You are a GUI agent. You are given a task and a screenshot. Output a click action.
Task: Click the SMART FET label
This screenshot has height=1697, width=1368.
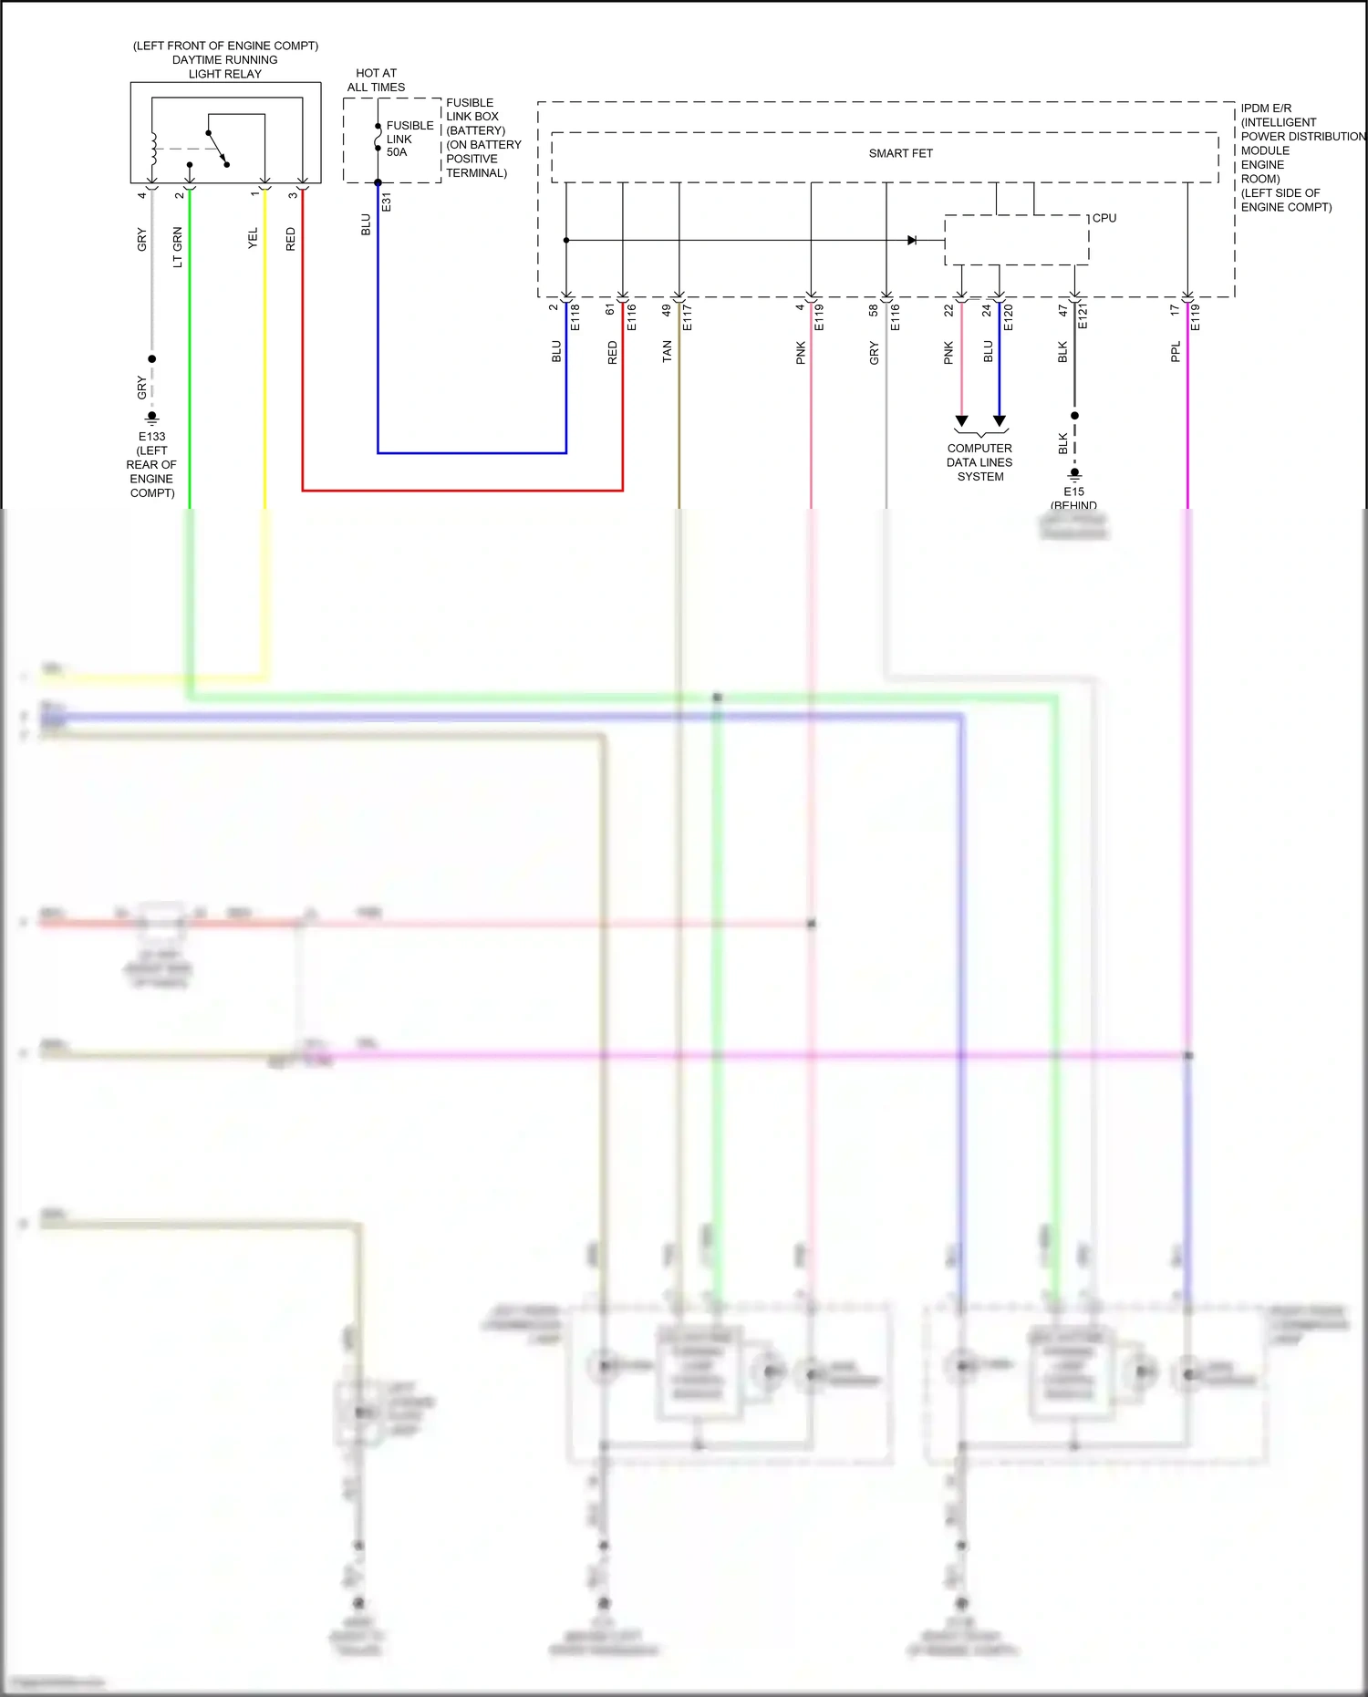point(900,153)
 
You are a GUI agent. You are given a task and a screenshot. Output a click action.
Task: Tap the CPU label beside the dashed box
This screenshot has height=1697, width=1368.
point(1104,218)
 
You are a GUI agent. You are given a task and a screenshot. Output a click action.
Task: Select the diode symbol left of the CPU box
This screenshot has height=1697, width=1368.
point(912,240)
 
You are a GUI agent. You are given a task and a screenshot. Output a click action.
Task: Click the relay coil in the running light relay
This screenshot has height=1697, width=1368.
point(153,150)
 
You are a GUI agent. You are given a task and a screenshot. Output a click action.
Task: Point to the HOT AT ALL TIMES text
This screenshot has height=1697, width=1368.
point(376,80)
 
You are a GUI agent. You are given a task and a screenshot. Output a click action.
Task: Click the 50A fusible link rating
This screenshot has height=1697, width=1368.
point(397,152)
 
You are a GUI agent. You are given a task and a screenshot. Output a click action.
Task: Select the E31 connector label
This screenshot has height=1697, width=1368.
point(387,202)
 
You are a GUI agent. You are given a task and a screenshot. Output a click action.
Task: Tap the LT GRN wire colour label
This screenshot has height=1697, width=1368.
point(178,247)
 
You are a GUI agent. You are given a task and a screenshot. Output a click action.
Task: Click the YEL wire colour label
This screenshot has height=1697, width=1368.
point(254,238)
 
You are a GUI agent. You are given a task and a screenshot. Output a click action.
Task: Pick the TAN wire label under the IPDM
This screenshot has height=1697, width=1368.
point(668,352)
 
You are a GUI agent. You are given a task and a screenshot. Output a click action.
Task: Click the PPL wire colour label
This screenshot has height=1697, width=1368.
point(1176,352)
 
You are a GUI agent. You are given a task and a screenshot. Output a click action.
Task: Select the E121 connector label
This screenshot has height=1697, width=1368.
point(1083,316)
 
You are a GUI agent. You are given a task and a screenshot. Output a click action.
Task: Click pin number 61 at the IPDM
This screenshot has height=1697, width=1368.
point(610,310)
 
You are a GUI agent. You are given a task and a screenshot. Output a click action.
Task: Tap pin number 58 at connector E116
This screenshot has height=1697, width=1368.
point(874,310)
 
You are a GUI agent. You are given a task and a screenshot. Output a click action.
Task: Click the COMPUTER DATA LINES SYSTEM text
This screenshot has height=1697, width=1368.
point(979,462)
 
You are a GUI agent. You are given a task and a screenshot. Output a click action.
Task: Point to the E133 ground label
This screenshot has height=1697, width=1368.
point(151,436)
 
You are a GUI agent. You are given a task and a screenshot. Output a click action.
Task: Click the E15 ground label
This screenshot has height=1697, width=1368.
point(1073,492)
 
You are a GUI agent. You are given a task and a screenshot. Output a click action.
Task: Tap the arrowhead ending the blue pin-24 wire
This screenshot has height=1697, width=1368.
point(1000,421)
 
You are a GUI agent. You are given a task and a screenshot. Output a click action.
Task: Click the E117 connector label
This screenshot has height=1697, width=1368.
point(688,316)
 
